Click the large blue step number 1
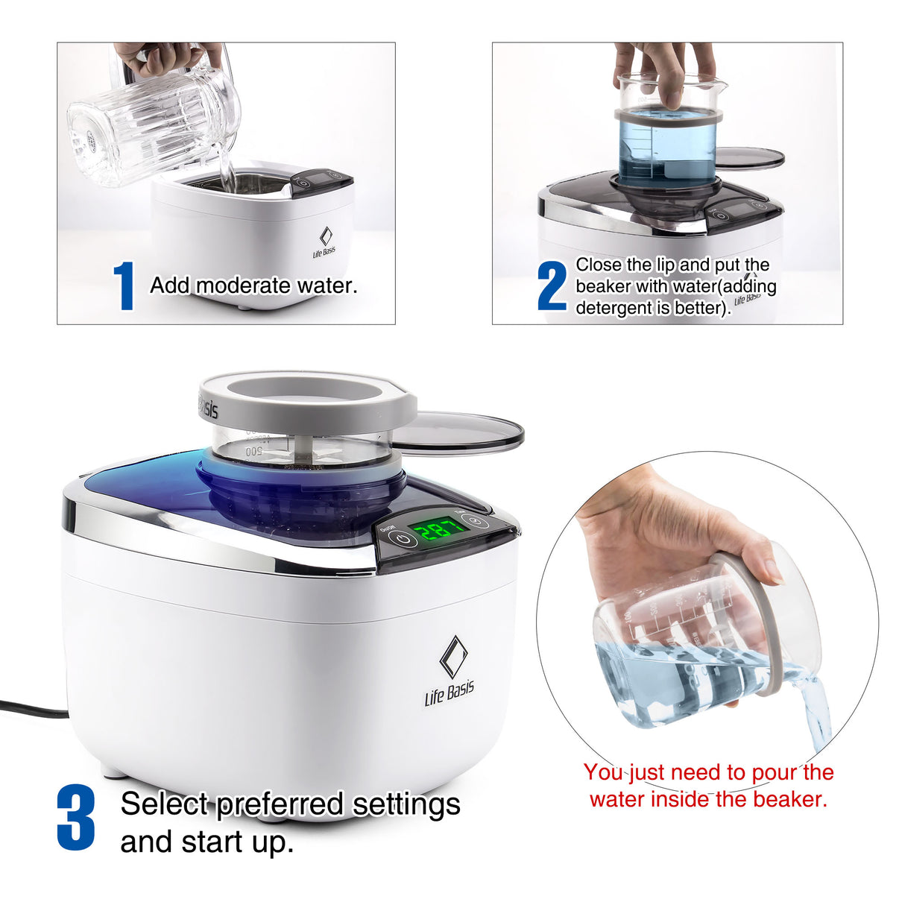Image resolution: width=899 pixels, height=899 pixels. pyautogui.click(x=124, y=286)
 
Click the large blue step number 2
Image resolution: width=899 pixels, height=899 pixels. pyautogui.click(x=552, y=286)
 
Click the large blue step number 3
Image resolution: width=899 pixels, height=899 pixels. pyautogui.click(x=76, y=818)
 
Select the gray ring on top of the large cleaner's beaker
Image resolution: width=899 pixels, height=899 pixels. pyautogui.click(x=307, y=399)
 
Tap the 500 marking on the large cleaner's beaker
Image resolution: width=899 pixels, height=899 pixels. pyautogui.click(x=253, y=451)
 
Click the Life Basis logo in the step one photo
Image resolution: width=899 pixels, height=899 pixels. pyautogui.click(x=324, y=243)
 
